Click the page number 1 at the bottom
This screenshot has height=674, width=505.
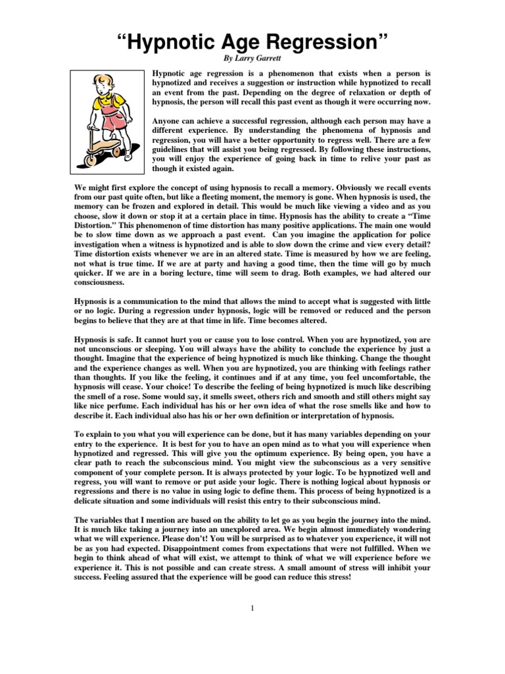pyautogui.click(x=252, y=607)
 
